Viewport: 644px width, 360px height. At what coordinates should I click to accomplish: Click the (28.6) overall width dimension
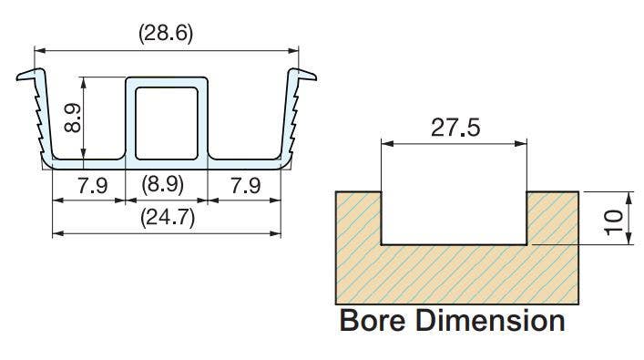pyautogui.click(x=166, y=34)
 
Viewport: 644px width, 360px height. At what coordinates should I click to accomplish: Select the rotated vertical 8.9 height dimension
pyautogui.click(x=77, y=117)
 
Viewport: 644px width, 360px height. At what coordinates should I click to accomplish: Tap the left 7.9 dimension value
pyautogui.click(x=92, y=186)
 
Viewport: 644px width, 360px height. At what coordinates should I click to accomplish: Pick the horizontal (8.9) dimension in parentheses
pyautogui.click(x=166, y=186)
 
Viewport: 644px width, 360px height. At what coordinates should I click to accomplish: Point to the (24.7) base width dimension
pyautogui.click(x=166, y=219)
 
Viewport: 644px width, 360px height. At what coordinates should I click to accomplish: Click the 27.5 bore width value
pyautogui.click(x=454, y=128)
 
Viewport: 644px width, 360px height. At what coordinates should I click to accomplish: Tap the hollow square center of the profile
pyautogui.click(x=167, y=119)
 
